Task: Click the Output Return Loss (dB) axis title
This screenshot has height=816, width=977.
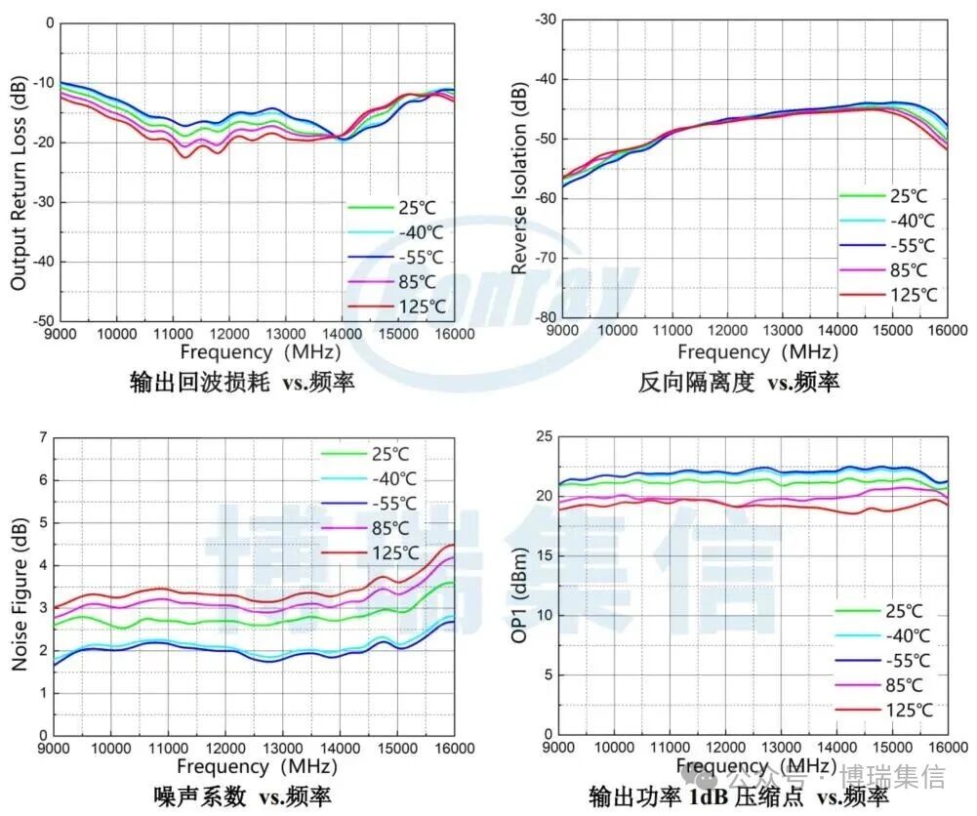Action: click(19, 172)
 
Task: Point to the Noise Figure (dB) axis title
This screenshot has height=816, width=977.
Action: click(20, 586)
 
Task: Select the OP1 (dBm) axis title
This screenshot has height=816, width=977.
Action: click(519, 586)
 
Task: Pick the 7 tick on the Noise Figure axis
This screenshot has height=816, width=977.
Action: click(43, 437)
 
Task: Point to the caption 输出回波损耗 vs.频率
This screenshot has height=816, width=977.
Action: click(243, 382)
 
